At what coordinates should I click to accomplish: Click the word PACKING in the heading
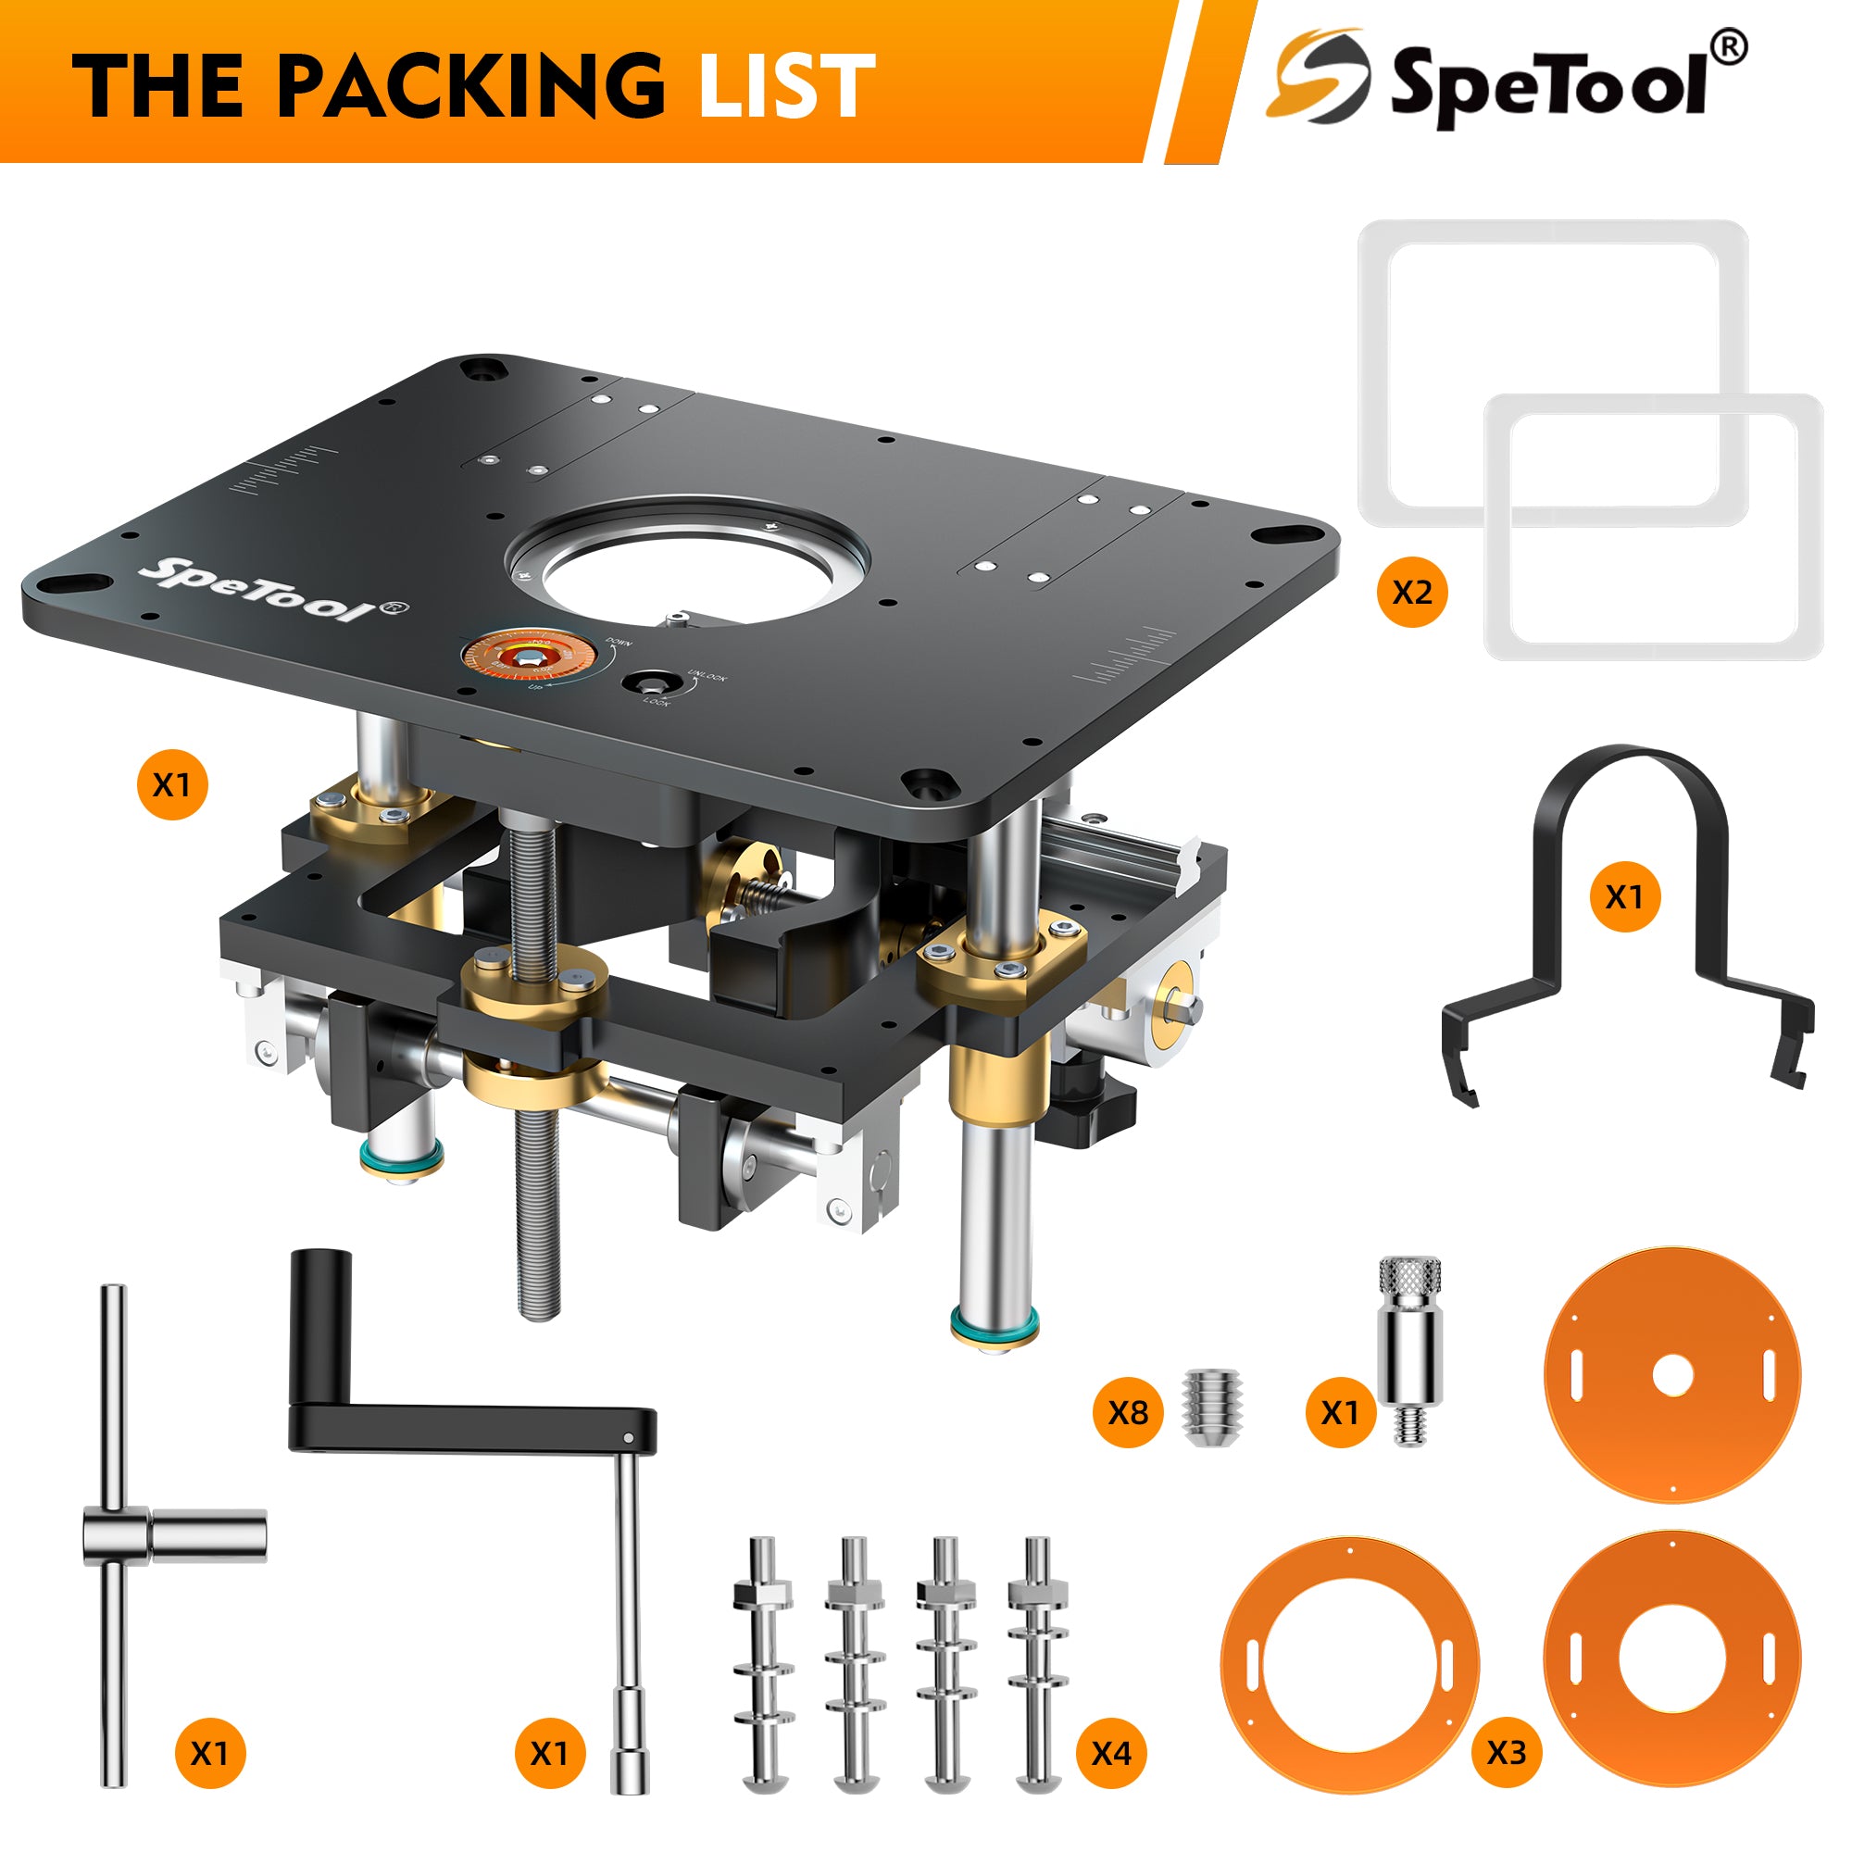469,86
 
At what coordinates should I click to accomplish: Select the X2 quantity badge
1412,593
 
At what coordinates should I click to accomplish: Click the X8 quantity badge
1127,1412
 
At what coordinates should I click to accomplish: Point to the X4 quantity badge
1111,1753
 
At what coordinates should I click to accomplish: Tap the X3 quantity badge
1506,1753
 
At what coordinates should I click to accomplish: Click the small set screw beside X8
1213,1407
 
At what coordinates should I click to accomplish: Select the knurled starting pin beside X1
1409,1352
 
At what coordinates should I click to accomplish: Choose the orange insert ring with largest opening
1350,1666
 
